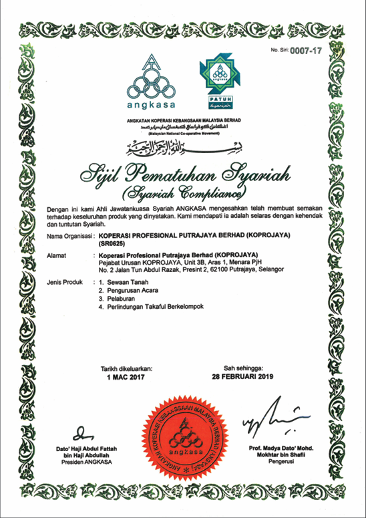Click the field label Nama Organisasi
click(x=68, y=237)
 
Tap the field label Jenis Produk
click(x=65, y=284)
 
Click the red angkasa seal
click(x=182, y=434)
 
